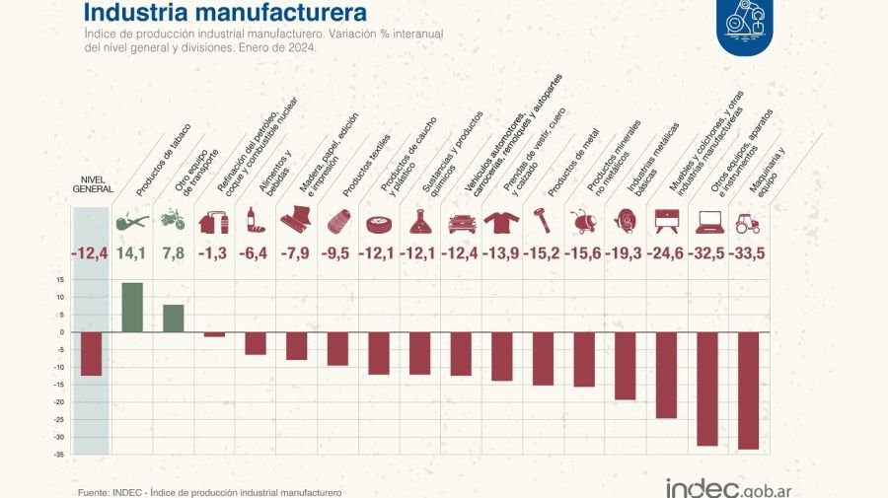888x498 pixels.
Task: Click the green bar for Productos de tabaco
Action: point(132,308)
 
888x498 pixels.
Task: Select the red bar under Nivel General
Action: point(92,354)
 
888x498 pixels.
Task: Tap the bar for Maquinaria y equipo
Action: point(749,391)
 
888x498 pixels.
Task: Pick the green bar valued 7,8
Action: point(174,319)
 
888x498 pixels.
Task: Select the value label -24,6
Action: point(667,253)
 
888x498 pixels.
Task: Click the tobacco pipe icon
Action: point(132,220)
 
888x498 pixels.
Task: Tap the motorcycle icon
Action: point(173,219)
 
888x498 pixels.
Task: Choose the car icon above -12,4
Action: point(462,221)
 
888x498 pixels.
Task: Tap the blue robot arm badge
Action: point(745,22)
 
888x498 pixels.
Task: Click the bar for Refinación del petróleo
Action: point(214,334)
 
